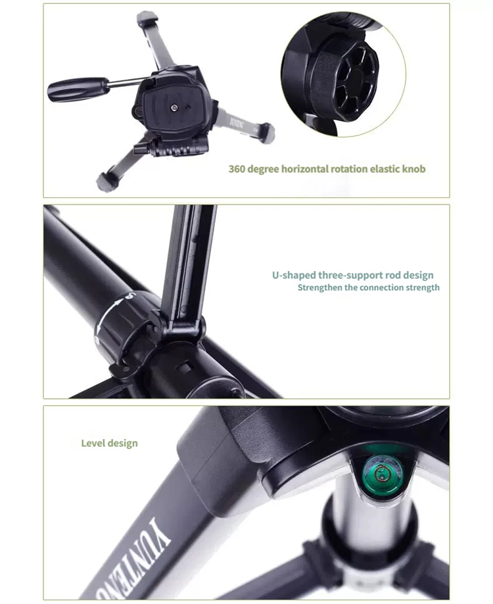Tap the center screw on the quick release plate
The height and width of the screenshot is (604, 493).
(174, 107)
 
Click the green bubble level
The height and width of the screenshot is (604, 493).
(382, 474)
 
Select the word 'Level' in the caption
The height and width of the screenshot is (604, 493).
(93, 443)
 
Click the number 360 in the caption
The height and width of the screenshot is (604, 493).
(236, 168)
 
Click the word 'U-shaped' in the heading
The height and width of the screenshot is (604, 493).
(294, 276)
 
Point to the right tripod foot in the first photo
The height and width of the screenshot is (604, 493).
(266, 132)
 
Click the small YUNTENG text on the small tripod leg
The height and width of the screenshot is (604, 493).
(237, 122)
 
